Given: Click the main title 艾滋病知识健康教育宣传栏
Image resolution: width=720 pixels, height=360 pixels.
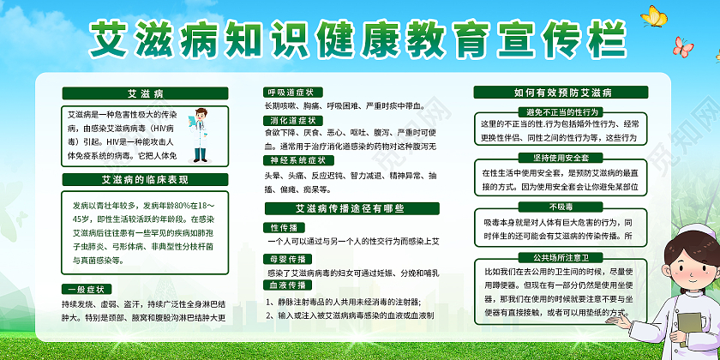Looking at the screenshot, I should coord(359,38).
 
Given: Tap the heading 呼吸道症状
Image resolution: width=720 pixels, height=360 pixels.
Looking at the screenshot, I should coord(292,92).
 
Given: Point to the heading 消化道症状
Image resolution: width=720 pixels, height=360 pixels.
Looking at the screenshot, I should coord(294,121).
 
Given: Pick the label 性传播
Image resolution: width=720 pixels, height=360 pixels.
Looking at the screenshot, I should coord(283,228).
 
